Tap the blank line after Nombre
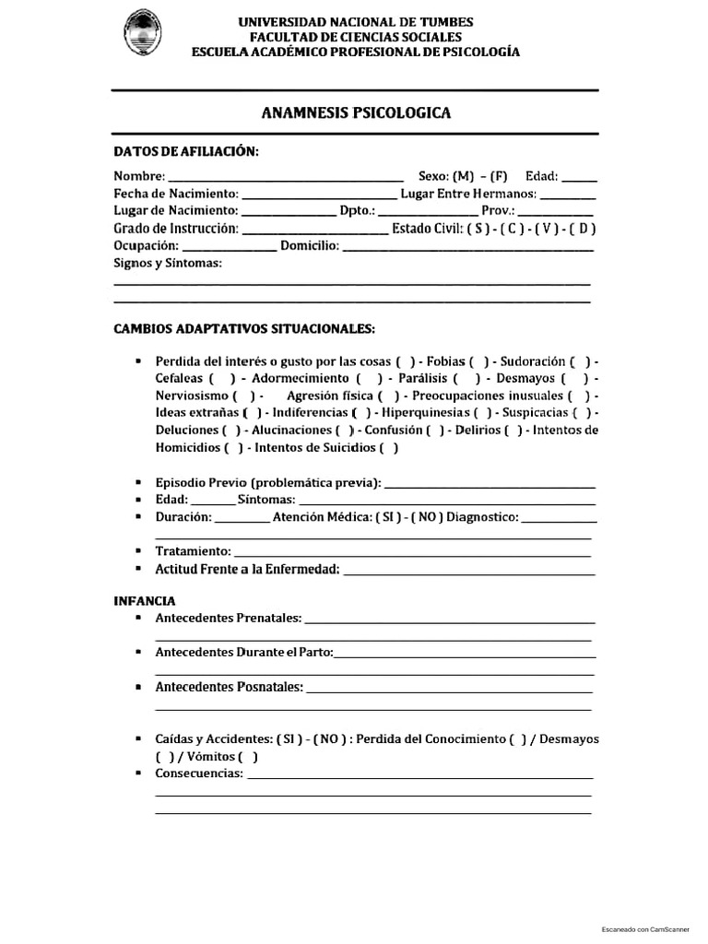pyautogui.click(x=286, y=176)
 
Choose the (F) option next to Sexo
pyautogui.click(x=499, y=176)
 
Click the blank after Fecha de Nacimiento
pyautogui.click(x=318, y=194)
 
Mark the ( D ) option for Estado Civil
pyautogui.click(x=583, y=229)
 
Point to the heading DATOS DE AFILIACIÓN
pyautogui.click(x=186, y=151)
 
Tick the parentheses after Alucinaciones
pyautogui.click(x=345, y=431)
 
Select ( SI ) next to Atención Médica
pyautogui.click(x=387, y=517)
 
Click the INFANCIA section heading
pyautogui.click(x=145, y=600)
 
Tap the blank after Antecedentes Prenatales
pyautogui.click(x=449, y=618)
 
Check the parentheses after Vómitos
pyautogui.click(x=248, y=757)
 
